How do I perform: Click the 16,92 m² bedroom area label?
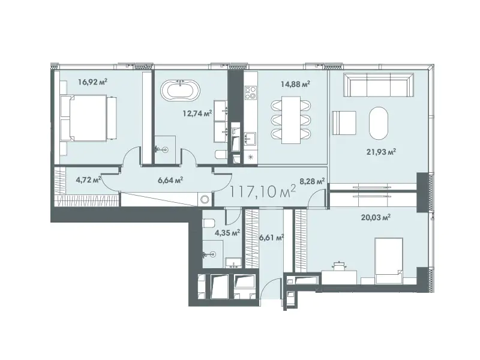(92, 82)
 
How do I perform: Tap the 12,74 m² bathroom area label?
(197, 113)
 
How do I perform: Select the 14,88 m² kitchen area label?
(296, 83)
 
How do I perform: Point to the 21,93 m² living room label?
(382, 152)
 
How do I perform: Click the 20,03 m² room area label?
(376, 218)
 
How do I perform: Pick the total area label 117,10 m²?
(262, 191)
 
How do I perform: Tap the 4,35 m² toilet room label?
(227, 233)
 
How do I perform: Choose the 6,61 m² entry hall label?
(272, 237)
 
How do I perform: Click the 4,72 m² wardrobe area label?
(88, 179)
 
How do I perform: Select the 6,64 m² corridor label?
(170, 181)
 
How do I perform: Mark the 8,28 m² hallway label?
(312, 182)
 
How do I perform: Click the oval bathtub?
(181, 91)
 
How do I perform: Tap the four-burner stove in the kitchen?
(251, 92)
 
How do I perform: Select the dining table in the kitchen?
(291, 120)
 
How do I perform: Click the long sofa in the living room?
(379, 85)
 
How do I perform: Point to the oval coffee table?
(379, 123)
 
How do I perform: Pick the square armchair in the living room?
(344, 123)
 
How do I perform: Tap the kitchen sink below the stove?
(251, 139)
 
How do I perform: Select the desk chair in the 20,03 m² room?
(338, 266)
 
